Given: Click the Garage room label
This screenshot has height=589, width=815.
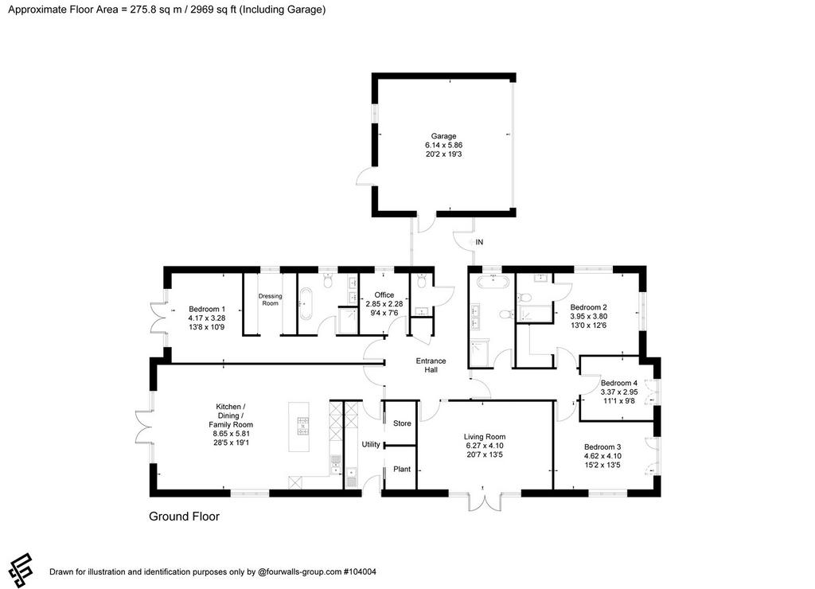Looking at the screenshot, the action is coord(443,136).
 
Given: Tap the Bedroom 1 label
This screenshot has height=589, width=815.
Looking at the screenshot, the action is coord(207,309).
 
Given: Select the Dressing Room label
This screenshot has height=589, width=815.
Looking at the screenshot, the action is coord(271,299).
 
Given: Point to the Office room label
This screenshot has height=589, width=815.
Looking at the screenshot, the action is coord(384,294).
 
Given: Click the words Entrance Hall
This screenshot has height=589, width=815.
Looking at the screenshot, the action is coord(431,365).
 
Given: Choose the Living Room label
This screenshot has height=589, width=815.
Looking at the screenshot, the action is coord(485,437).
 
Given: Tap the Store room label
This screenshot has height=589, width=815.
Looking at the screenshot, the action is coord(402,423).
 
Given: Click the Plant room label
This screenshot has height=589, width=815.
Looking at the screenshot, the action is coord(402,469).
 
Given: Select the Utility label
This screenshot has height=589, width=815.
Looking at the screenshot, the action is coord(371,444).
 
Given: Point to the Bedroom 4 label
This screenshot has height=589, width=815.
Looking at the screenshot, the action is coord(619,383).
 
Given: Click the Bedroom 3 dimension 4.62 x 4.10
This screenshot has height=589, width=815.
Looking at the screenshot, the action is coord(602,456).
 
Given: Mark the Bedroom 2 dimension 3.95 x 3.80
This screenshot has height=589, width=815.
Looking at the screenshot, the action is coord(588,316).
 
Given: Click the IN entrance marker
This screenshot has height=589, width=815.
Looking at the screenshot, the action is coord(480,242).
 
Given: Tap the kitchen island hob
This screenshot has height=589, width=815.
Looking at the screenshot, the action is coord(302,426).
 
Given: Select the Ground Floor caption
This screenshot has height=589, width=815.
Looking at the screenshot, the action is coord(184,517).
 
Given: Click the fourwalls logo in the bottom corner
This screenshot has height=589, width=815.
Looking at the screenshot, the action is coord(21,570).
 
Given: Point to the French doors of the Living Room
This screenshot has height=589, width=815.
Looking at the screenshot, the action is coord(485,500).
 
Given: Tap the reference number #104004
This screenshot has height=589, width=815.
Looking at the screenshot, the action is coord(360,571).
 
